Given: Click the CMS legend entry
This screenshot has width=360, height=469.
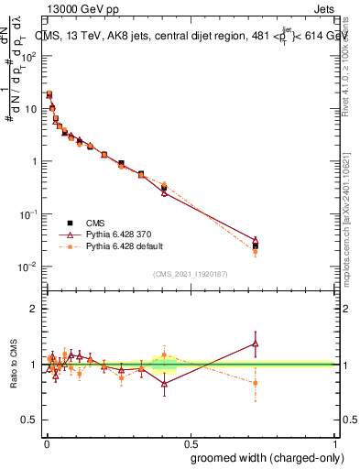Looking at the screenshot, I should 94,223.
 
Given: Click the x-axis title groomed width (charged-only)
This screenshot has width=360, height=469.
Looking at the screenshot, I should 263,457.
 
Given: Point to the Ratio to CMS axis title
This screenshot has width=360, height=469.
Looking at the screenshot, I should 13,364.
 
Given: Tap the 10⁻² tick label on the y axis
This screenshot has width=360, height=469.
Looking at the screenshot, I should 28,267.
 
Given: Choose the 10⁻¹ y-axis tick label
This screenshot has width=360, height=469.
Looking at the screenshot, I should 28,214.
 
